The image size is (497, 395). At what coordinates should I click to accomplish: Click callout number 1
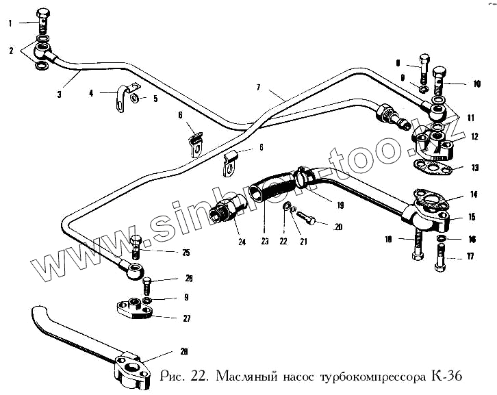10,23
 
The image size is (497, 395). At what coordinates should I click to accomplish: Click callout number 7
259,88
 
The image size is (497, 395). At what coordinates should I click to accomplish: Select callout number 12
474,136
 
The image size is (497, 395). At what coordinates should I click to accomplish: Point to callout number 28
183,352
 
